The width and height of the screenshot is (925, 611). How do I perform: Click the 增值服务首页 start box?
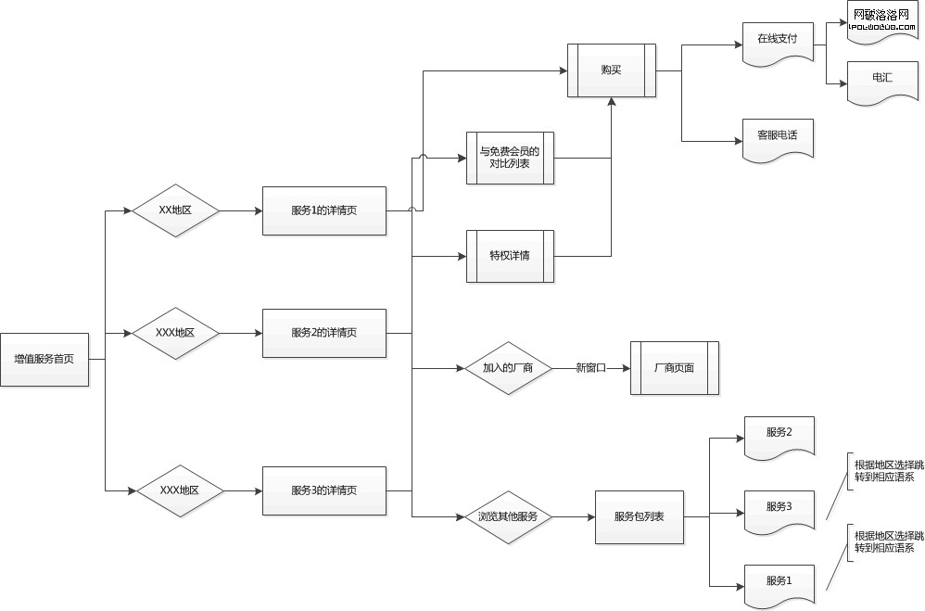click(x=44, y=359)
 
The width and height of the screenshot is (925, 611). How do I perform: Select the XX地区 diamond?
click(x=175, y=210)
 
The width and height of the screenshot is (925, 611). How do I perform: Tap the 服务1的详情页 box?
click(x=324, y=210)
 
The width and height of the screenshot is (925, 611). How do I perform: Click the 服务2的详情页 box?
click(x=324, y=333)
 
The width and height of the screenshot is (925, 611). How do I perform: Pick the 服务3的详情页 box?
click(x=324, y=490)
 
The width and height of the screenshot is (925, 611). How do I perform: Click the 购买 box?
click(x=612, y=70)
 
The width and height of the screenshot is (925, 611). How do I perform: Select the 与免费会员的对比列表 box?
click(x=510, y=158)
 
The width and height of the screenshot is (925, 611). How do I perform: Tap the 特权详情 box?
click(x=510, y=255)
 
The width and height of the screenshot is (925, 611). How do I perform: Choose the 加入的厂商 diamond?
click(x=509, y=368)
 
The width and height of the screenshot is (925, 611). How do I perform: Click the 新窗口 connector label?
click(x=590, y=368)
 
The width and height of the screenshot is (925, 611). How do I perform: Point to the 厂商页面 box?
click(x=674, y=368)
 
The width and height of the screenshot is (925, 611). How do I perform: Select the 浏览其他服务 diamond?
click(x=509, y=516)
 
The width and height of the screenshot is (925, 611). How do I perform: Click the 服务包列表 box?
click(x=640, y=516)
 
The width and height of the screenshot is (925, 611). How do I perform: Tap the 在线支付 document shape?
click(x=778, y=41)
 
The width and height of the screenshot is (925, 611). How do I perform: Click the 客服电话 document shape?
click(x=778, y=137)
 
